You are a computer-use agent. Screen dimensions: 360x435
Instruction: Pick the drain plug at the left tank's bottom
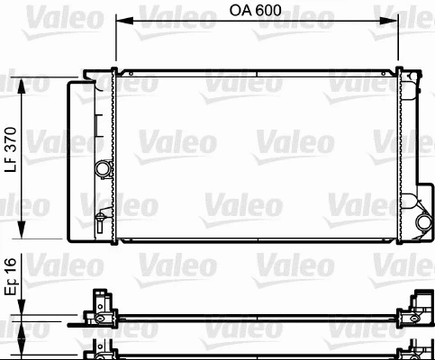point(103,216)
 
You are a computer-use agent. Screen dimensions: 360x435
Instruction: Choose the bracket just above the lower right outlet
point(417,199)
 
